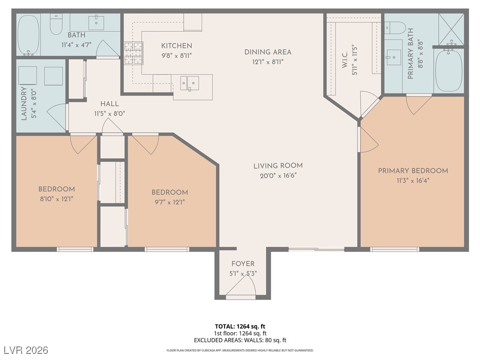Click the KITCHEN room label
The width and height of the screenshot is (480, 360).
tap(177, 46)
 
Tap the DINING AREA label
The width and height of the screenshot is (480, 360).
tap(268, 52)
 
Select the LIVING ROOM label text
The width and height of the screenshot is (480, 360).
tap(278, 166)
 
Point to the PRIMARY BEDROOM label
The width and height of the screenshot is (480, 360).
tap(413, 171)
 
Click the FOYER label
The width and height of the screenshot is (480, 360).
tap(243, 264)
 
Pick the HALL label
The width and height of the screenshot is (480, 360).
tap(110, 104)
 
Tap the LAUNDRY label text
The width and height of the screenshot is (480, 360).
tap(24, 104)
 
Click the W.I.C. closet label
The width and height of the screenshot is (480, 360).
tap(345, 60)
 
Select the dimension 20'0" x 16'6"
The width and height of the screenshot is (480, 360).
tap(278, 176)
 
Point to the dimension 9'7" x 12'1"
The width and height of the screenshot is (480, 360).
tap(170, 202)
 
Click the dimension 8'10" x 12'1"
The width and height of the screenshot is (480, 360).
tap(57, 199)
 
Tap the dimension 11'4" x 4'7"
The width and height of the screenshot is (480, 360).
tap(76, 45)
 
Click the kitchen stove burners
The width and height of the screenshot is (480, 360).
tap(134, 53)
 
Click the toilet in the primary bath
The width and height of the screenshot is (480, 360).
tap(395, 28)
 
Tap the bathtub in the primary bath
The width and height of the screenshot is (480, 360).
tap(449, 70)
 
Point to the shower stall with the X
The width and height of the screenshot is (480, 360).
tap(451, 30)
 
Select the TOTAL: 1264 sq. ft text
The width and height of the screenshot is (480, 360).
tap(240, 326)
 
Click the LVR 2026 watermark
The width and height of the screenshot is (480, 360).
tap(26, 350)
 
